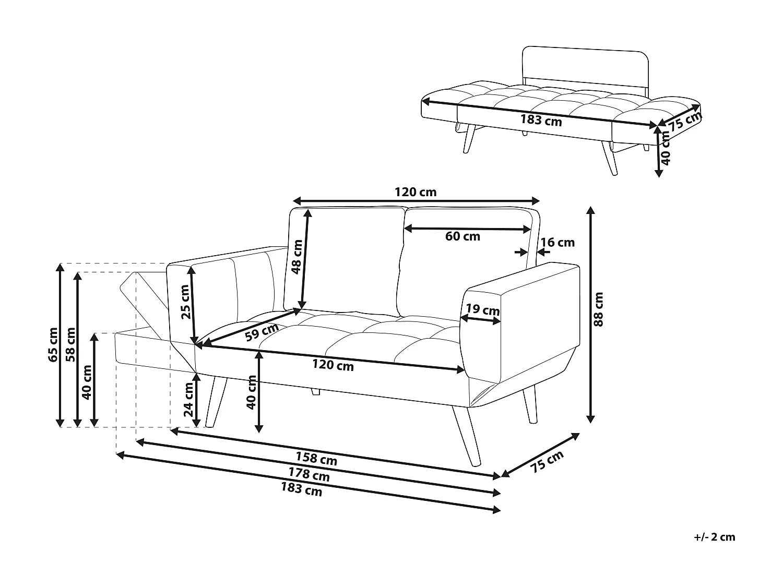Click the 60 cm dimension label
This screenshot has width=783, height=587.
462,236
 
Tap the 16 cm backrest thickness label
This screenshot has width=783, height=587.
557,242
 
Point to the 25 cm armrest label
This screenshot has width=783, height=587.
185,302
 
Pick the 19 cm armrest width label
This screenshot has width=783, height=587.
483,309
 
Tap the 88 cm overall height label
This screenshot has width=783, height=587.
599,309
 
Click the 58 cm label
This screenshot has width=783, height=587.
70,345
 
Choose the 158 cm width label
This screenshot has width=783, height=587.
316,458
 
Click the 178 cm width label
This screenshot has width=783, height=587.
309,474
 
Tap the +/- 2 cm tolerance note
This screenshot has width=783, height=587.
715,537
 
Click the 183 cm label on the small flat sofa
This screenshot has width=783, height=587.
541,120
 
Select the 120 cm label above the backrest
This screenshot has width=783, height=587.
416,192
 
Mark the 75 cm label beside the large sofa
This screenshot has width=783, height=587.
548,461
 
